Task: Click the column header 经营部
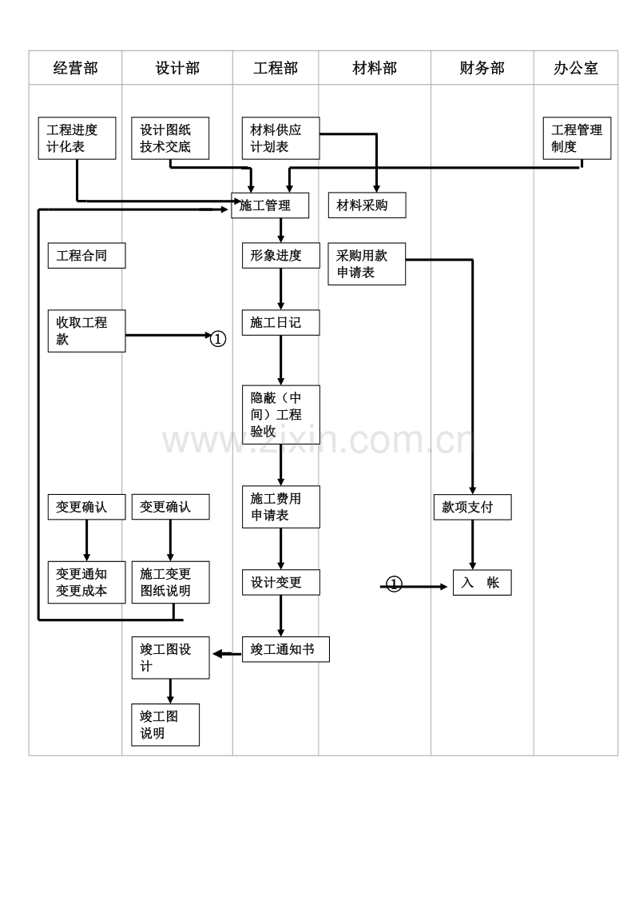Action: pyautogui.click(x=75, y=68)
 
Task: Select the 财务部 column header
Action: pyautogui.click(x=482, y=68)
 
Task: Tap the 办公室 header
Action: pyautogui.click(x=575, y=68)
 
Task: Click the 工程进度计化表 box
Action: pyautogui.click(x=77, y=138)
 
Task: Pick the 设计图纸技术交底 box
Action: pyautogui.click(x=170, y=138)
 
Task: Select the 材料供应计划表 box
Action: pyautogui.click(x=280, y=138)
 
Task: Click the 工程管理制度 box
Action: pyautogui.click(x=577, y=138)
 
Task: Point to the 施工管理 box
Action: pyautogui.click(x=270, y=205)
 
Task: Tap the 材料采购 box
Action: pyautogui.click(x=367, y=205)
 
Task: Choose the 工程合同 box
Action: pyautogui.click(x=86, y=256)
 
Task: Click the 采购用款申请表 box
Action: pyautogui.click(x=367, y=264)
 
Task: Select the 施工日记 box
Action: pyautogui.click(x=280, y=323)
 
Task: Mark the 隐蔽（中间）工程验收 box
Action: pyautogui.click(x=280, y=415)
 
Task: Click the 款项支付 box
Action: pyautogui.click(x=472, y=508)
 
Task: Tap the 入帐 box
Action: pyautogui.click(x=482, y=583)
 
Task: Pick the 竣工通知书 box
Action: pyautogui.click(x=285, y=649)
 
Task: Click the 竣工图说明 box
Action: pyautogui.click(x=165, y=725)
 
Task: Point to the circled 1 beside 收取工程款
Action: pyautogui.click(x=218, y=339)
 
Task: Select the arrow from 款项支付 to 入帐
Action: pyautogui.click(x=472, y=544)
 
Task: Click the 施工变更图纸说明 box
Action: pyautogui.click(x=170, y=582)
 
